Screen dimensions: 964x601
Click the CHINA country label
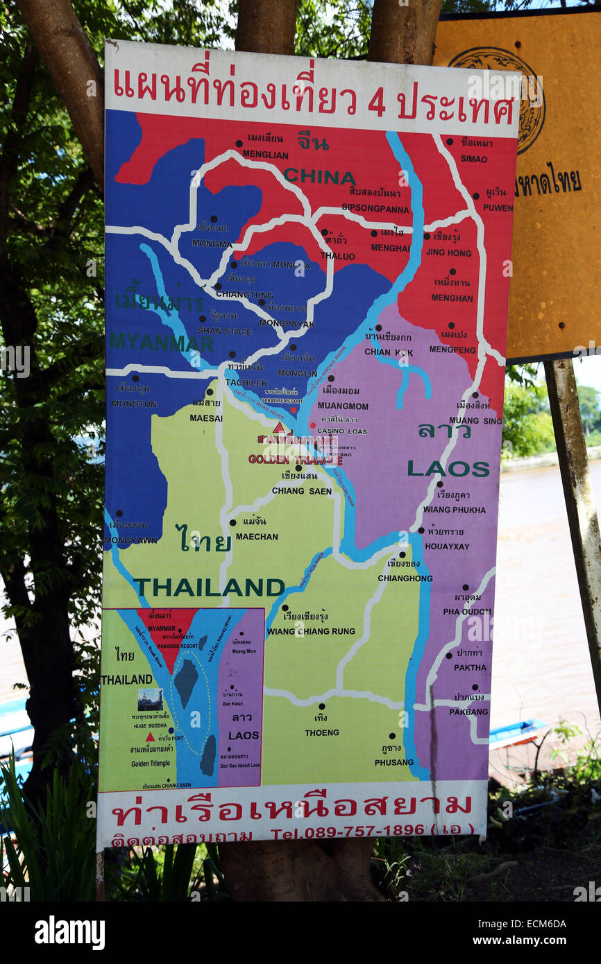click(x=319, y=177)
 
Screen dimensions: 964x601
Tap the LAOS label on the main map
click(x=448, y=469)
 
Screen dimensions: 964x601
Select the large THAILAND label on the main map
click(x=208, y=587)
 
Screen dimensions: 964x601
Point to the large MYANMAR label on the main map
click(x=161, y=342)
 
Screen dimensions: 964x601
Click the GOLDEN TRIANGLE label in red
click(x=295, y=459)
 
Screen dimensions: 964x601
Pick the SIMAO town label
click(x=473, y=159)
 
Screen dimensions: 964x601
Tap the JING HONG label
click(x=448, y=253)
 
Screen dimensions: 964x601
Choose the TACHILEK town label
click(x=246, y=383)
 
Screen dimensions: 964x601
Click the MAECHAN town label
click(x=256, y=536)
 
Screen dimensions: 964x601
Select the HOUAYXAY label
click(x=447, y=546)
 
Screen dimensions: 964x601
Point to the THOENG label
click(x=321, y=732)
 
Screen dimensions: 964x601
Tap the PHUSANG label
click(x=393, y=762)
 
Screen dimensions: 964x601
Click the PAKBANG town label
click(x=468, y=712)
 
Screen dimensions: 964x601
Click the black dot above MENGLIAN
click(x=239, y=144)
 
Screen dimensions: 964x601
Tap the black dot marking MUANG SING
click(x=475, y=395)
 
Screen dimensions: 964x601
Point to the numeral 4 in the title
click(x=376, y=103)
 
